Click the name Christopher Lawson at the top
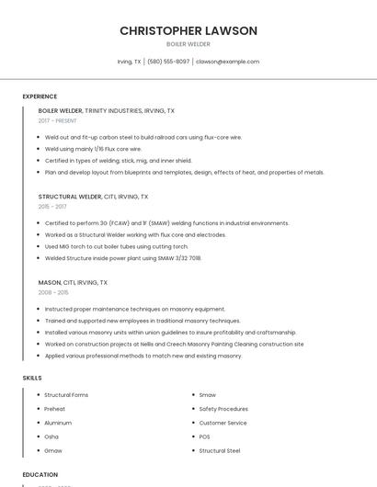click(x=188, y=31)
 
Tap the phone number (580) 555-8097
click(x=168, y=62)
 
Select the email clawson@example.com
click(x=227, y=62)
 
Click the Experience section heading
click(x=40, y=96)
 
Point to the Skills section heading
click(x=32, y=378)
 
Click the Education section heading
click(x=40, y=475)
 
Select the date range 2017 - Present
click(x=58, y=120)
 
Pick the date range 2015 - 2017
click(x=52, y=207)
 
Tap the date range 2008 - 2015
click(x=53, y=292)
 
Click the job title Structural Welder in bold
click(x=70, y=197)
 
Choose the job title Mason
click(x=49, y=282)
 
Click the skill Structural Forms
click(x=66, y=395)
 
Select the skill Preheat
click(x=54, y=409)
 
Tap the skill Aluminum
click(x=58, y=423)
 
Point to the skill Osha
click(x=51, y=436)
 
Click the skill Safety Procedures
click(x=223, y=409)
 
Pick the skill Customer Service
click(x=223, y=423)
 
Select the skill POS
click(x=204, y=436)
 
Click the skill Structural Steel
click(x=220, y=451)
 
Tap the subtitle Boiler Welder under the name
click(x=188, y=44)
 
